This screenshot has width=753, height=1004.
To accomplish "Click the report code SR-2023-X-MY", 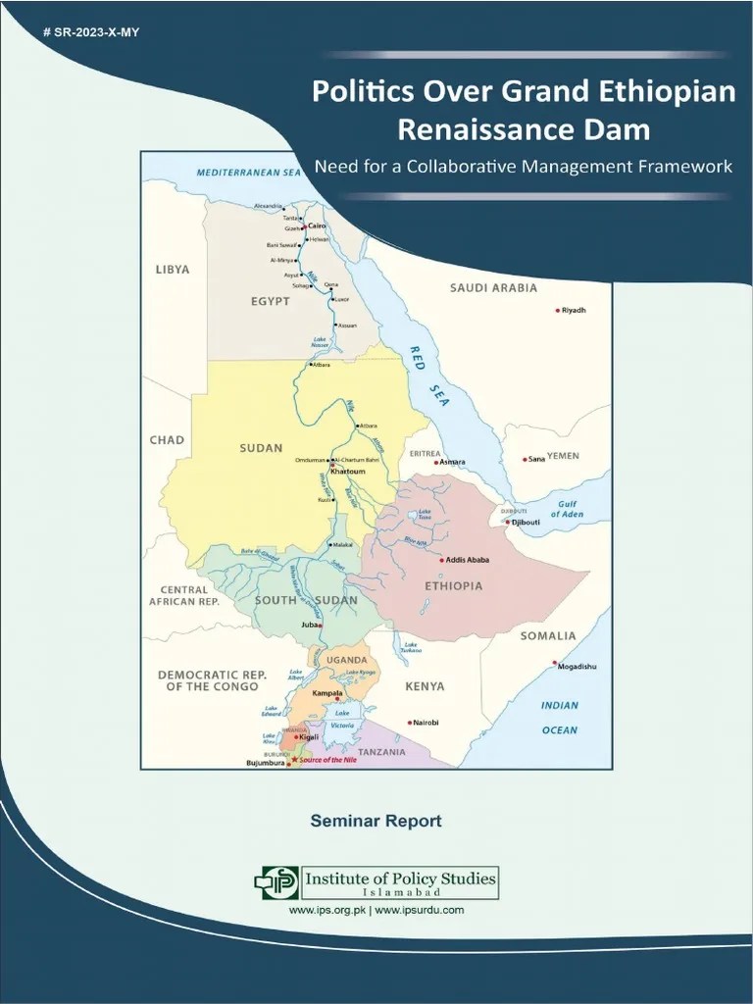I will [92, 33].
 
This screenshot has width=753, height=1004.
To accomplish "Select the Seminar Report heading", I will [376, 821].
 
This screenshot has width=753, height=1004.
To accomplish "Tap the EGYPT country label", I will [270, 301].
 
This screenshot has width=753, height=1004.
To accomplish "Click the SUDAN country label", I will [261, 448].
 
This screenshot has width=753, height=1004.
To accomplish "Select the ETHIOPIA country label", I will [453, 586].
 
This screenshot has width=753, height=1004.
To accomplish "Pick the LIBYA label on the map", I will [173, 269].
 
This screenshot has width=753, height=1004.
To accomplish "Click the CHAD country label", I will [167, 440].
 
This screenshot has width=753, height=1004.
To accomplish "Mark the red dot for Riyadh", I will [558, 311].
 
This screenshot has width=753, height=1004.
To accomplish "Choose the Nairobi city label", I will [427, 723].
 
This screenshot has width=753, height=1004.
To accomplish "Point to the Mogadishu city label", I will [577, 667].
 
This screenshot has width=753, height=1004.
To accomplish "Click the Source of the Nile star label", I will [329, 761].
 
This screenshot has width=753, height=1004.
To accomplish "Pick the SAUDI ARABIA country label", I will [493, 288].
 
